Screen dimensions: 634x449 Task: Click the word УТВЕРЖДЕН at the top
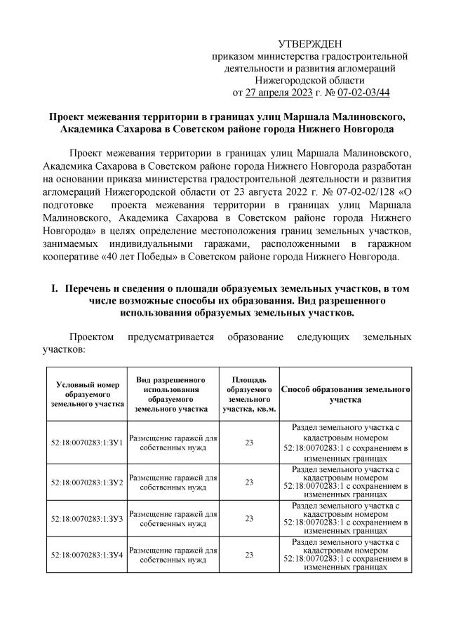click(x=310, y=43)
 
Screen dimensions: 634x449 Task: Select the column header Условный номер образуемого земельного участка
click(x=88, y=393)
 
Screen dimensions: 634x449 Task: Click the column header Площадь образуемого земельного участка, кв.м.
click(x=249, y=393)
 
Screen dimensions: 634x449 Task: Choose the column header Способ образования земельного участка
click(x=344, y=393)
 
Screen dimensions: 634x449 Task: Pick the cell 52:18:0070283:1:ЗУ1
click(x=88, y=443)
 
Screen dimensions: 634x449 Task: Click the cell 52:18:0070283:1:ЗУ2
click(x=88, y=482)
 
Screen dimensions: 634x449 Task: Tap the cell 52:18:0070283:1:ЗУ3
click(x=88, y=518)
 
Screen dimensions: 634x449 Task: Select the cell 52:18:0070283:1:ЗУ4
click(x=88, y=555)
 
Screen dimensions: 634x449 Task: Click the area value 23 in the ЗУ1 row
click(x=249, y=443)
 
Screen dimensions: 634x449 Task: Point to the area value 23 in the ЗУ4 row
click(x=249, y=555)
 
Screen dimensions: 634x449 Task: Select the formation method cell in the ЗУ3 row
click(x=344, y=518)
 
